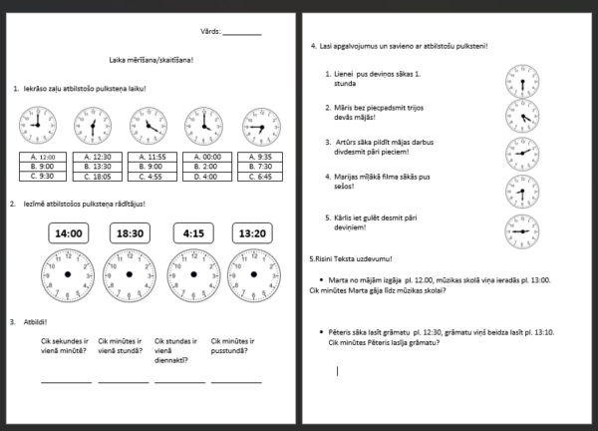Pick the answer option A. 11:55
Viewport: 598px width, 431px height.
point(150,157)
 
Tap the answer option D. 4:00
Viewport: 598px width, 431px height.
point(204,177)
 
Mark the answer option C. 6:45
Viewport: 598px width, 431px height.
point(258,177)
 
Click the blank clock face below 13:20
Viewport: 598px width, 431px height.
point(252,274)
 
